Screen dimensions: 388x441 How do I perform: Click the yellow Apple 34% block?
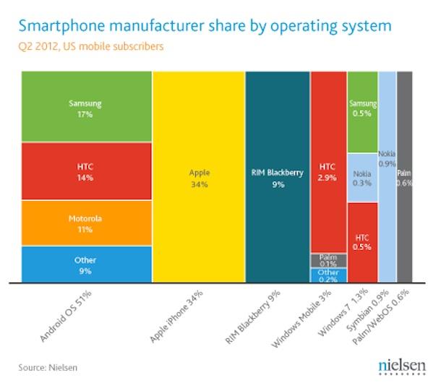click(x=199, y=178)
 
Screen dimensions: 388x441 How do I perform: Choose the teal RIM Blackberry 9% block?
click(x=277, y=178)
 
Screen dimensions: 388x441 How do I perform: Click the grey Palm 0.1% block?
click(x=328, y=260)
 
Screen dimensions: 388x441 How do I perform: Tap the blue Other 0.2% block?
click(x=328, y=275)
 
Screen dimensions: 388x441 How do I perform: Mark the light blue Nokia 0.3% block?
click(x=362, y=178)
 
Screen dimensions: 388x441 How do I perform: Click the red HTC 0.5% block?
click(x=362, y=242)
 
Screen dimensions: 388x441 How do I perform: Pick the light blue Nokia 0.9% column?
click(x=387, y=178)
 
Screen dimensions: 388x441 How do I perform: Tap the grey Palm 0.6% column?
click(x=405, y=178)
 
